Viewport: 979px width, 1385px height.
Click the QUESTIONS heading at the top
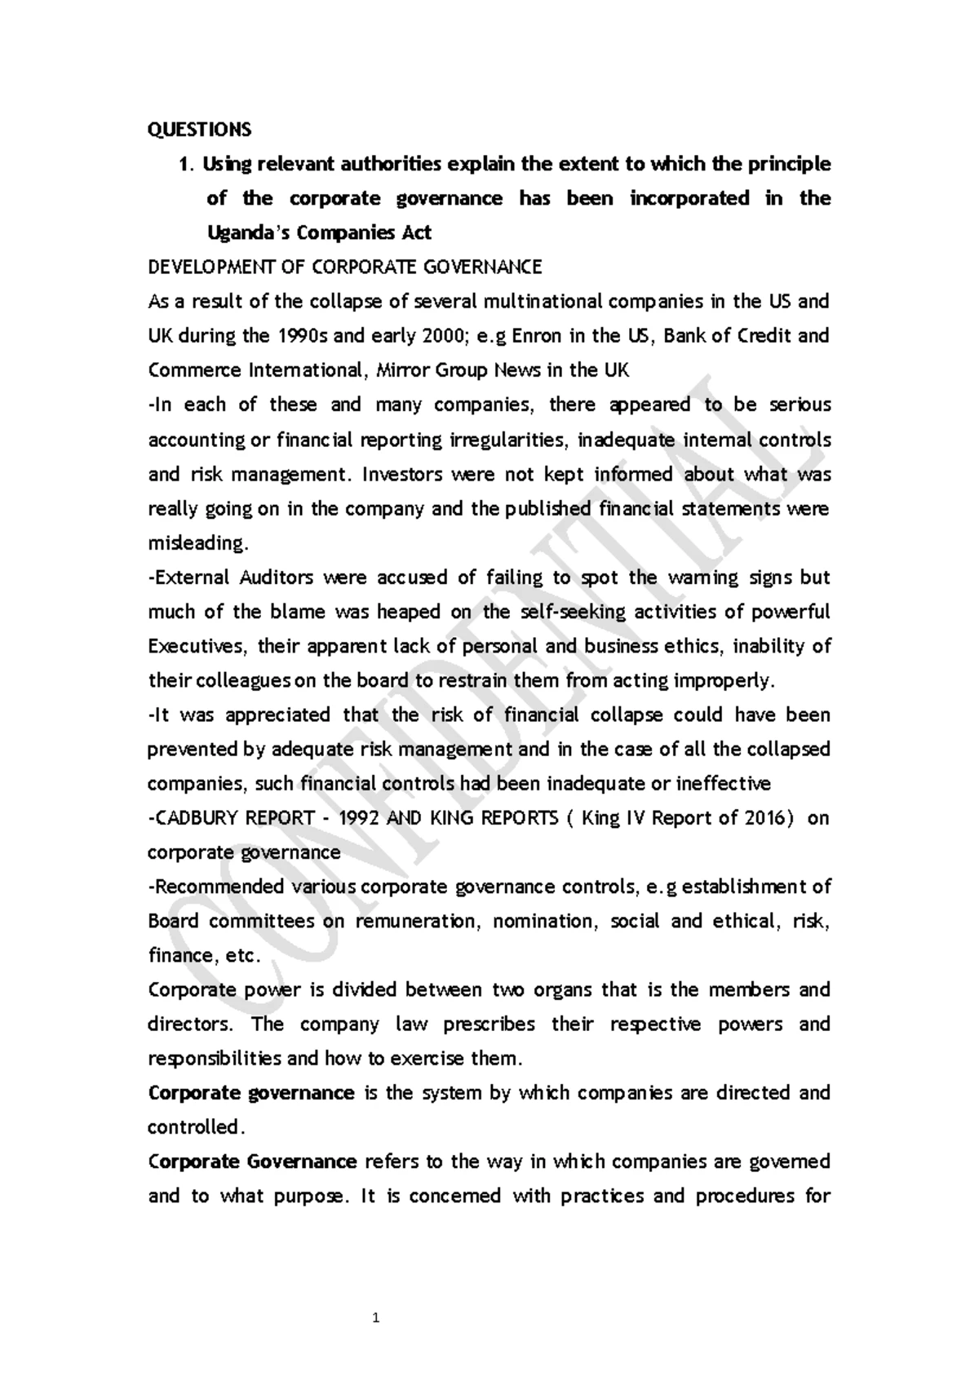pos(199,130)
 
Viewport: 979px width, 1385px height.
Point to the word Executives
pos(197,646)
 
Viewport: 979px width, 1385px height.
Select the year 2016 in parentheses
pos(766,818)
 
